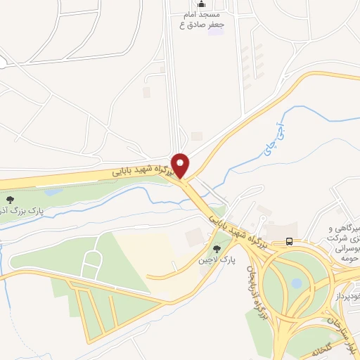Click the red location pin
point(181,165)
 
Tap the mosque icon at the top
point(201,4)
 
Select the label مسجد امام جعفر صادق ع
point(201,20)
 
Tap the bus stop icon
point(289,242)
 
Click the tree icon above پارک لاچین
point(217,248)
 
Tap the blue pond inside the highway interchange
point(297,283)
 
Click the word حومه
point(349,258)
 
